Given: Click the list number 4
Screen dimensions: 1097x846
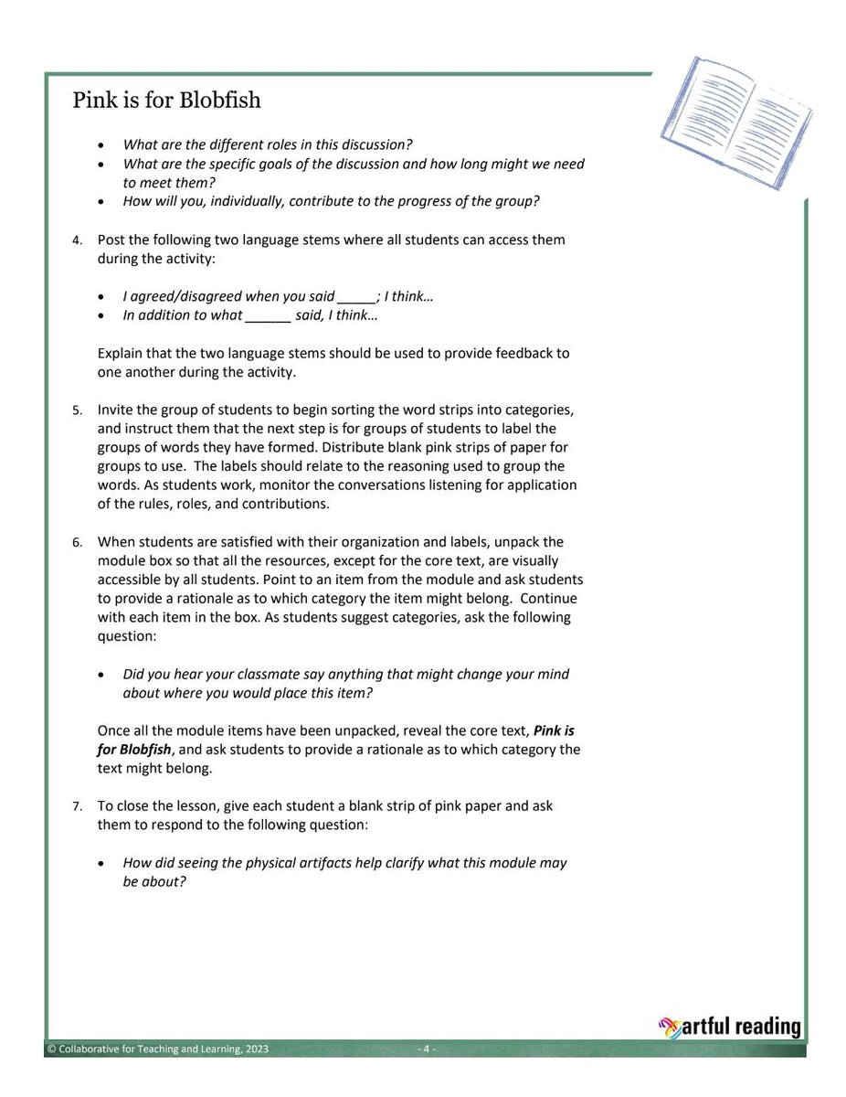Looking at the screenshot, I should (78, 240).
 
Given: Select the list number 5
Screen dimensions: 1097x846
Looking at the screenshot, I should (78, 410).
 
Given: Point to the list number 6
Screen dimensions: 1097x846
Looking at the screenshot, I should (78, 543).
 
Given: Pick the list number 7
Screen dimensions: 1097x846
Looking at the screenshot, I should (78, 807).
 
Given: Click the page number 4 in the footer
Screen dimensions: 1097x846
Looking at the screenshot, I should (426, 1049).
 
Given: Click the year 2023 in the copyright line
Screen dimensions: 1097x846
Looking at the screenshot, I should (257, 1049).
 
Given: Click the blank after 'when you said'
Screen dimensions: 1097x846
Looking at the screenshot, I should (356, 297).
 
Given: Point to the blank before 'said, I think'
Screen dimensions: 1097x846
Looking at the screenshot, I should (268, 316).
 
